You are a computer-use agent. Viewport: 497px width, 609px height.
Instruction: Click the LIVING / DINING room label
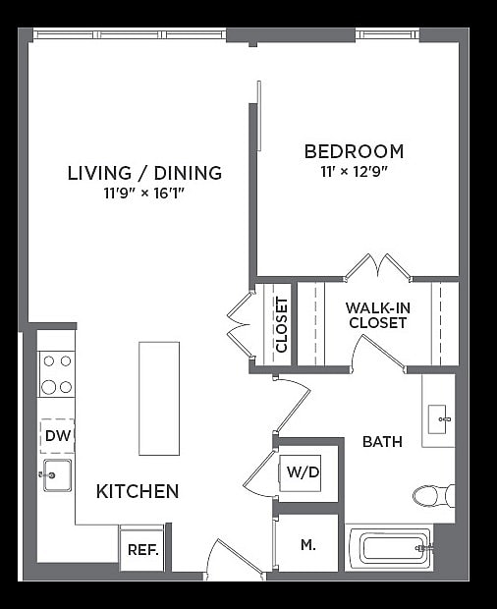pyautogui.click(x=144, y=173)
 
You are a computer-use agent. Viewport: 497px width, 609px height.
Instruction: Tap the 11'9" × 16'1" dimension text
pyautogui.click(x=144, y=194)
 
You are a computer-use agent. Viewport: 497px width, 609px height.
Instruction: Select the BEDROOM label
pyautogui.click(x=354, y=151)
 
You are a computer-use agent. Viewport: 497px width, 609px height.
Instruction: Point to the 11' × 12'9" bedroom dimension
pyautogui.click(x=354, y=171)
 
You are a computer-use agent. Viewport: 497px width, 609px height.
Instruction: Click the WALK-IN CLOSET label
pyautogui.click(x=377, y=314)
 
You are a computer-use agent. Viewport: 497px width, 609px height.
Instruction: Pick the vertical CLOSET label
pyautogui.click(x=281, y=324)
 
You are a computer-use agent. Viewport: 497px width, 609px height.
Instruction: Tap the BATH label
pyautogui.click(x=382, y=442)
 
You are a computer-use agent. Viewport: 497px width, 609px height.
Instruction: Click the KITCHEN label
pyautogui.click(x=138, y=491)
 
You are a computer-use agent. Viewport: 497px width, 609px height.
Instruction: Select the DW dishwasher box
pyautogui.click(x=57, y=435)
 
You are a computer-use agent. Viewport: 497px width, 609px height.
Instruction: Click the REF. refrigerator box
pyautogui.click(x=142, y=550)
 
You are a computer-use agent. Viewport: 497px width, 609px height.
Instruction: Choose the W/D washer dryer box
pyautogui.click(x=302, y=472)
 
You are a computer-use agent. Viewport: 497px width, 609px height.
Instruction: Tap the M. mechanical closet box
pyautogui.click(x=307, y=543)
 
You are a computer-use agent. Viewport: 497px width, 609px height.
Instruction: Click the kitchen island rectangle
pyautogui.click(x=159, y=398)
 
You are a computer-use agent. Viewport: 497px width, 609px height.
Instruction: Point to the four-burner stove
pyautogui.click(x=56, y=373)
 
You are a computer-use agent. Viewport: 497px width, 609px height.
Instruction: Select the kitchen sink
pyautogui.click(x=56, y=475)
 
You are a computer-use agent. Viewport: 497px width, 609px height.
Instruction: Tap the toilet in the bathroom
pyautogui.click(x=433, y=495)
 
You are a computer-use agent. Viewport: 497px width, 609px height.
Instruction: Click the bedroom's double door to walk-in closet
pyautogui.click(x=378, y=267)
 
